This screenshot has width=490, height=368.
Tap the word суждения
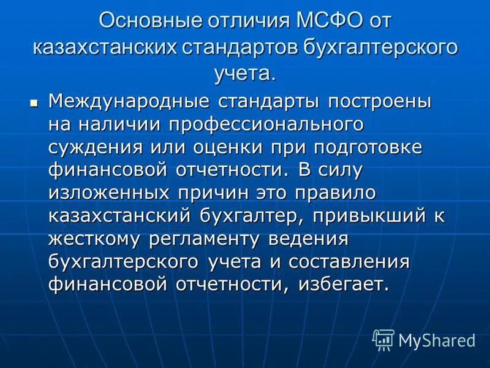[93, 147]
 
